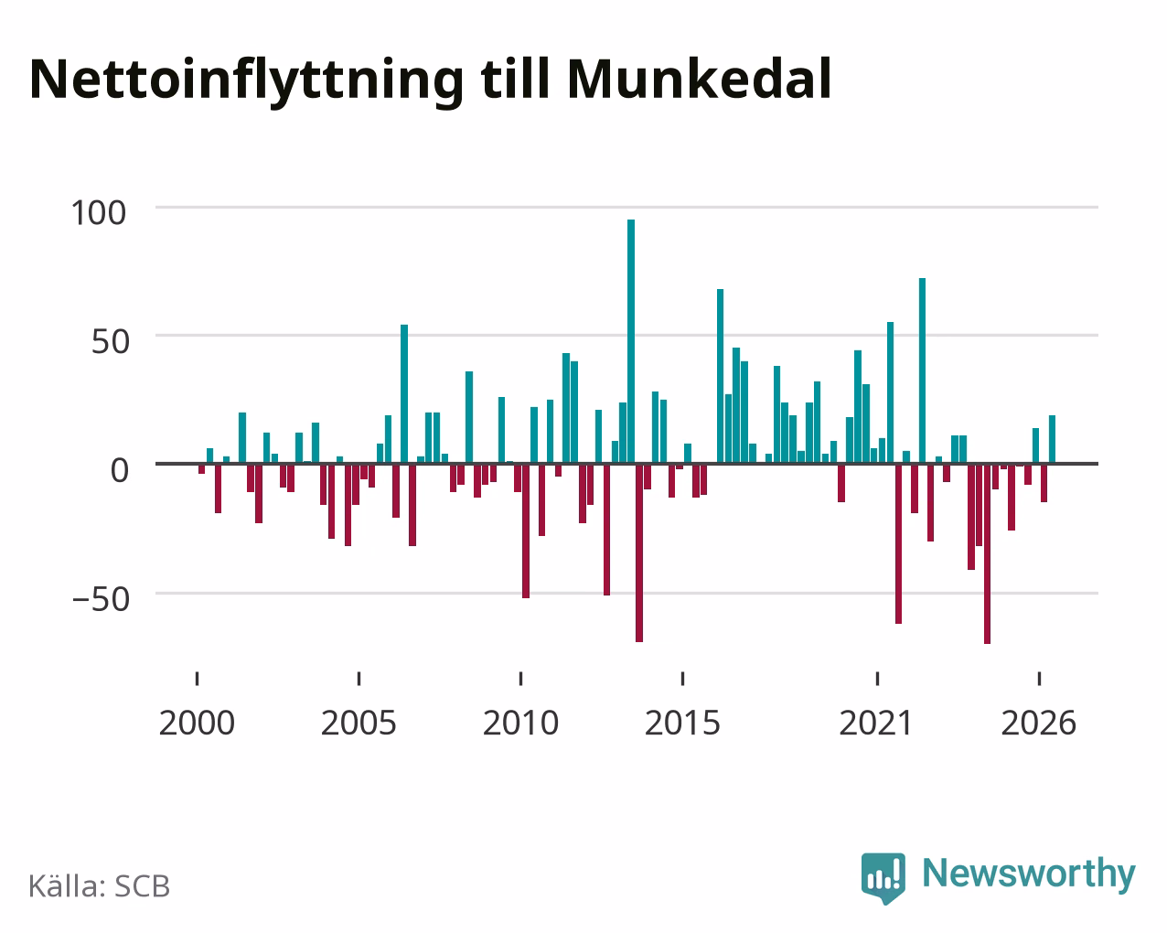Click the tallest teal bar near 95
coord(631,341)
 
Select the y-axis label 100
coord(98,212)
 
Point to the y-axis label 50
coord(111,342)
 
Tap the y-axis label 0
coord(120,470)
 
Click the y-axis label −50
coord(101,599)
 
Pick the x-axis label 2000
coord(197,723)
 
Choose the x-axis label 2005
coord(359,723)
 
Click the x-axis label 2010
coord(520,723)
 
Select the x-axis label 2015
coord(682,723)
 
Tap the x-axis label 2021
coord(876,723)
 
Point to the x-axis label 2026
coord(1038,723)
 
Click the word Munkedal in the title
coord(699,80)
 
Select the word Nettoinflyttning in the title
coord(246,82)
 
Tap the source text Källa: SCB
coord(100,887)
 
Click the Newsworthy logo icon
coord(883,878)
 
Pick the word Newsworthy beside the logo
coord(1029,874)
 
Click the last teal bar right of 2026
coord(1052,439)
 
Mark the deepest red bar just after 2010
coord(526,531)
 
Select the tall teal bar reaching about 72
coord(922,370)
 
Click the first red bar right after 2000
coord(202,468)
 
